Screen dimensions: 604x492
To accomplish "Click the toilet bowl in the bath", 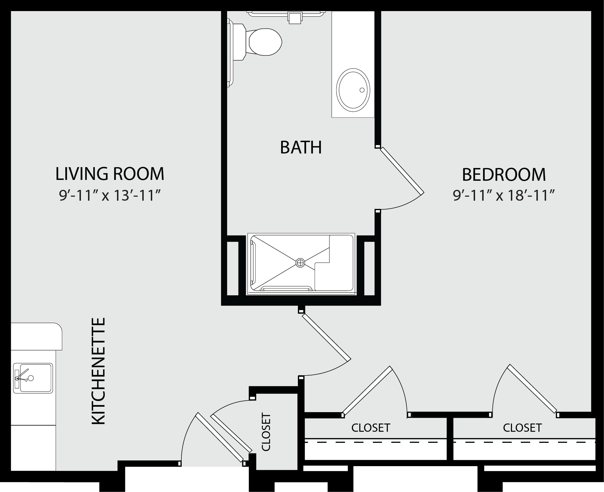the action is [265, 42].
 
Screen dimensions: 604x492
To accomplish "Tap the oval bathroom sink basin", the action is [353, 90].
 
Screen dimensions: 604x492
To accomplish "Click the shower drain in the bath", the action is [300, 263].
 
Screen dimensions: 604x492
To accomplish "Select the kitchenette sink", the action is [33, 378].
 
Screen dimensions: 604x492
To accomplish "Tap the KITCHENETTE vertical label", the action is [99, 371].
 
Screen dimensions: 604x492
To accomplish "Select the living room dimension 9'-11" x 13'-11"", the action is [110, 196].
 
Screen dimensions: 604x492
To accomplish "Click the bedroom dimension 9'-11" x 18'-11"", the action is [504, 196].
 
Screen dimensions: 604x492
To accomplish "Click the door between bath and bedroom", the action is [402, 170].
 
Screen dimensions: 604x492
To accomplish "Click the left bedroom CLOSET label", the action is [371, 427].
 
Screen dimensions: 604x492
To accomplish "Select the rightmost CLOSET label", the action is [522, 427].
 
